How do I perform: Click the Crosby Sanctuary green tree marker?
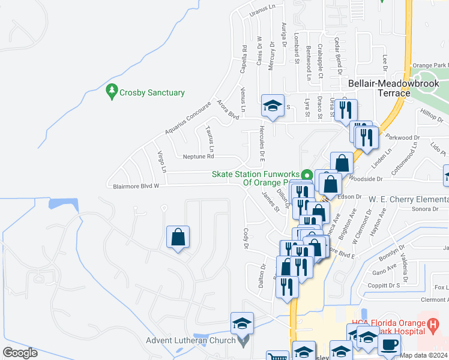click(x=111, y=92)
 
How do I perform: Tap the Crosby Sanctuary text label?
click(x=152, y=93)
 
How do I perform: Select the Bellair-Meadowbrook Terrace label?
click(x=379, y=89)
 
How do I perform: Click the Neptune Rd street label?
click(x=199, y=157)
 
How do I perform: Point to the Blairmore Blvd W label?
click(x=136, y=187)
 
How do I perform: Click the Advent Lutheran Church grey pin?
click(x=243, y=341)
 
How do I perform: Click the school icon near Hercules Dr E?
click(x=273, y=106)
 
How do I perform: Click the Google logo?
click(x=20, y=353)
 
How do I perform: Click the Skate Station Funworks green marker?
click(x=307, y=175)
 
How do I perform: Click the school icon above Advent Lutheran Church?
click(x=242, y=323)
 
